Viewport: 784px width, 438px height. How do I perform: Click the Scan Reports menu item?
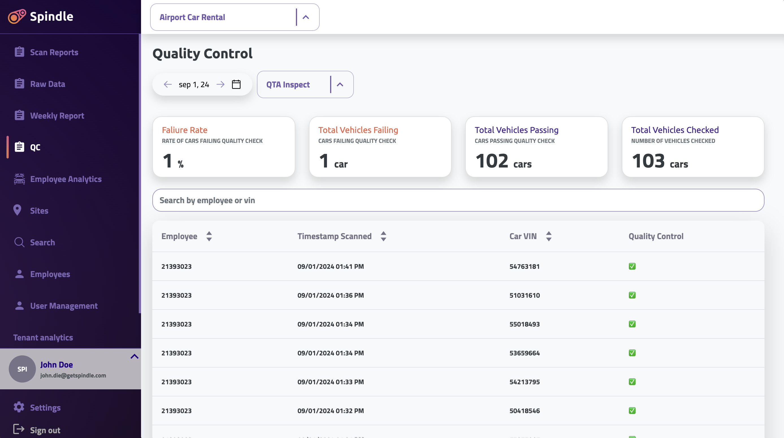click(54, 52)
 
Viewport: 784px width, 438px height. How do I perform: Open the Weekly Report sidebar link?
click(57, 116)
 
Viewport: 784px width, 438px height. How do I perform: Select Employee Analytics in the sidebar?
click(66, 179)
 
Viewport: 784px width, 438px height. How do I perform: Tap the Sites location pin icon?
click(17, 210)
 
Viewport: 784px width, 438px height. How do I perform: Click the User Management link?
click(64, 306)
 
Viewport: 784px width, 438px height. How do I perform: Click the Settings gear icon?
click(19, 407)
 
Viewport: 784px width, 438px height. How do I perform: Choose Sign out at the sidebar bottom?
click(45, 430)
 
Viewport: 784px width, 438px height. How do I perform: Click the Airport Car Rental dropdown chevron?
click(306, 17)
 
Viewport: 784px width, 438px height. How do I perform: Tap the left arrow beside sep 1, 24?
click(168, 84)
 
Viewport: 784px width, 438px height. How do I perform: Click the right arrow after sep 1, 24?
click(220, 84)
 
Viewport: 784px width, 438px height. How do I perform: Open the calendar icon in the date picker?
click(236, 84)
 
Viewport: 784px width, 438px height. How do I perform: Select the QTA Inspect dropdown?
click(305, 85)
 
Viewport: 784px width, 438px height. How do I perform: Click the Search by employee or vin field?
click(458, 200)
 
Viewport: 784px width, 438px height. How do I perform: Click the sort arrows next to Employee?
click(209, 236)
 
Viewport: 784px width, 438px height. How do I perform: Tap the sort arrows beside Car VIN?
click(549, 236)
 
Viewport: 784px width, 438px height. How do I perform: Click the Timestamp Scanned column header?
click(334, 236)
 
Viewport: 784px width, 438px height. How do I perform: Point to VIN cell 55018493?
click(524, 324)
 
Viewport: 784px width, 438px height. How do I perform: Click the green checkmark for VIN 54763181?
click(632, 267)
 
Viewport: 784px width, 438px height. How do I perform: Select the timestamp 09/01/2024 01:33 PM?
click(330, 382)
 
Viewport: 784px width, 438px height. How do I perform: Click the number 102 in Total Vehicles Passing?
click(492, 161)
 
